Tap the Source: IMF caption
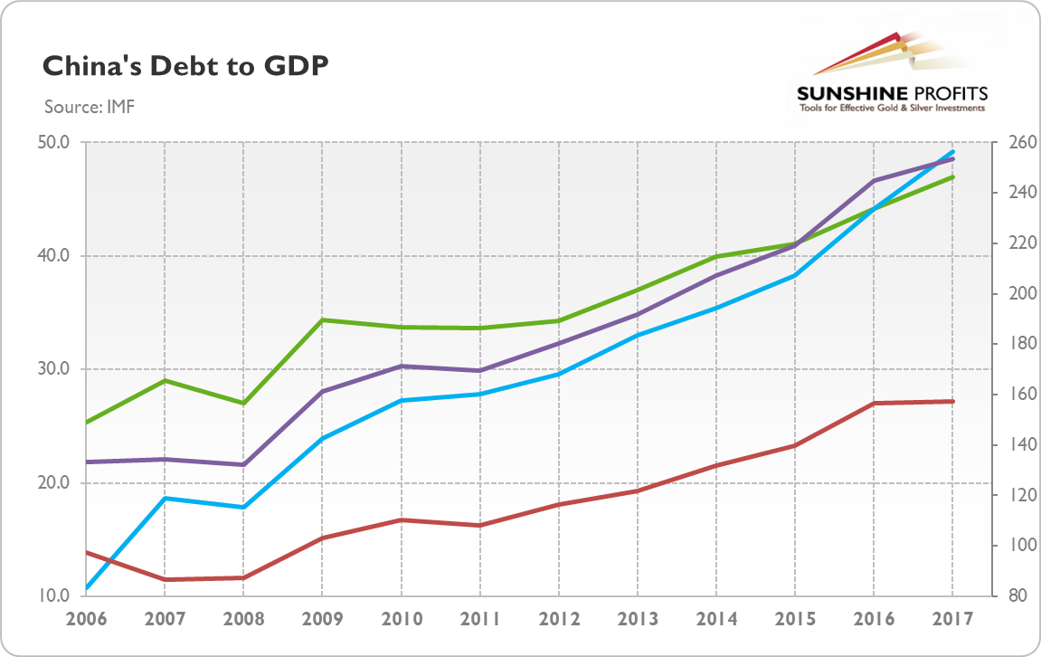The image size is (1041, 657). [90, 108]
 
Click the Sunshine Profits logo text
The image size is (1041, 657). [891, 93]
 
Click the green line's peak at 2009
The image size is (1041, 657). [322, 319]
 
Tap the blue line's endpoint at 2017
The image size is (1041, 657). [952, 151]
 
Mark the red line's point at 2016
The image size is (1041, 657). [874, 403]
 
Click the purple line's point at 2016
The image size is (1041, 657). [874, 181]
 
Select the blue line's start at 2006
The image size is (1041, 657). [86, 588]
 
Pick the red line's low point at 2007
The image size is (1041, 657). [165, 579]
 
